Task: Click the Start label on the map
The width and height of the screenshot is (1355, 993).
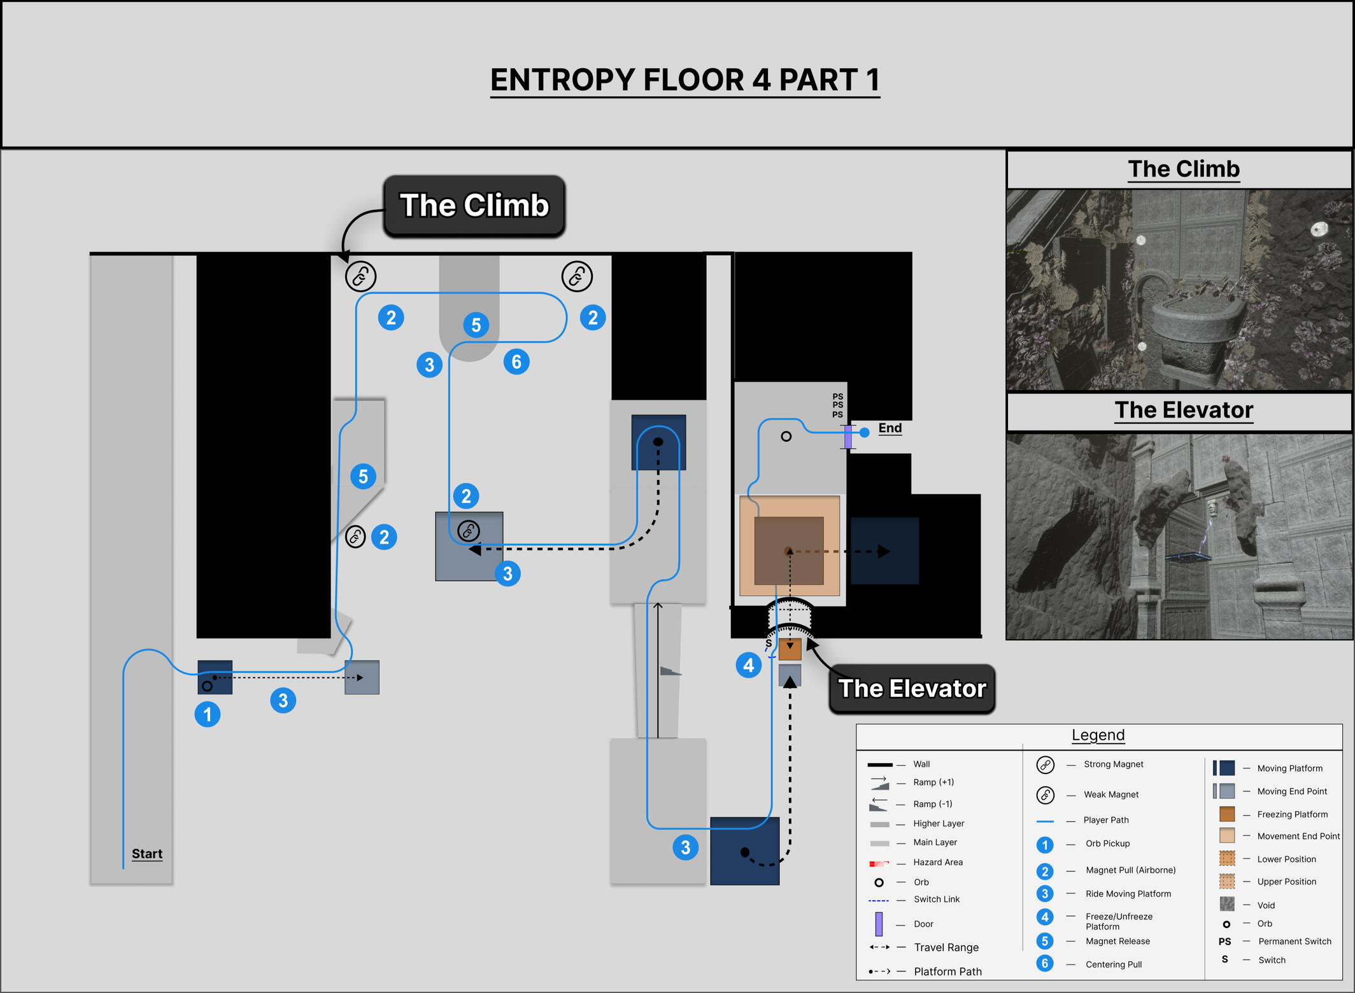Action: [x=146, y=854]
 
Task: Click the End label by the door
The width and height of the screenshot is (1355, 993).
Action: [x=890, y=428]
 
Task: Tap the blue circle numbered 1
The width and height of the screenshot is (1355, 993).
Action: [x=208, y=714]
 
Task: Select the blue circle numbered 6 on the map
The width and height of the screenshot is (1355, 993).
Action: [x=516, y=362]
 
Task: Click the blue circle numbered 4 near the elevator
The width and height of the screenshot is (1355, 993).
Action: [x=748, y=666]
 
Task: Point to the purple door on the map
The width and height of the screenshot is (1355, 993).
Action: [x=848, y=437]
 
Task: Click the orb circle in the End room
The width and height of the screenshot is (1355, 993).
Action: [x=786, y=437]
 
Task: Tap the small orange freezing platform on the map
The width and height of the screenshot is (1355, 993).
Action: [x=790, y=649]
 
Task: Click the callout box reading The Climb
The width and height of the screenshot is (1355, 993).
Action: [x=474, y=206]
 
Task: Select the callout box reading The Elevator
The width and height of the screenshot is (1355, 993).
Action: [x=911, y=689]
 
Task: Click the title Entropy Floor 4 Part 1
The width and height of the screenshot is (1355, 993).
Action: [x=685, y=80]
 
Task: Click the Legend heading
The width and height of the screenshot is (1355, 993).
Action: [x=1098, y=735]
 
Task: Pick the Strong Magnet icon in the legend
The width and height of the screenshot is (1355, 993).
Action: [x=1045, y=764]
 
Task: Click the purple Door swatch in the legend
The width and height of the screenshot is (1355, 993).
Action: [x=879, y=924]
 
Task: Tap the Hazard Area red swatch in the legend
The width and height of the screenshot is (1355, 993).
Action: [x=879, y=863]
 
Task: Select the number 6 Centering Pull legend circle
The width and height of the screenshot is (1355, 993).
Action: [x=1044, y=964]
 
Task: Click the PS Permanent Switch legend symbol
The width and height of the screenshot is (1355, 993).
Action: [x=1224, y=941]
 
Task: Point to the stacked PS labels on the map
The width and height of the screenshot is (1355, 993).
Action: [x=837, y=405]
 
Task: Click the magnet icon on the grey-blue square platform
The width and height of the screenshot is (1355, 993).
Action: [x=469, y=530]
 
